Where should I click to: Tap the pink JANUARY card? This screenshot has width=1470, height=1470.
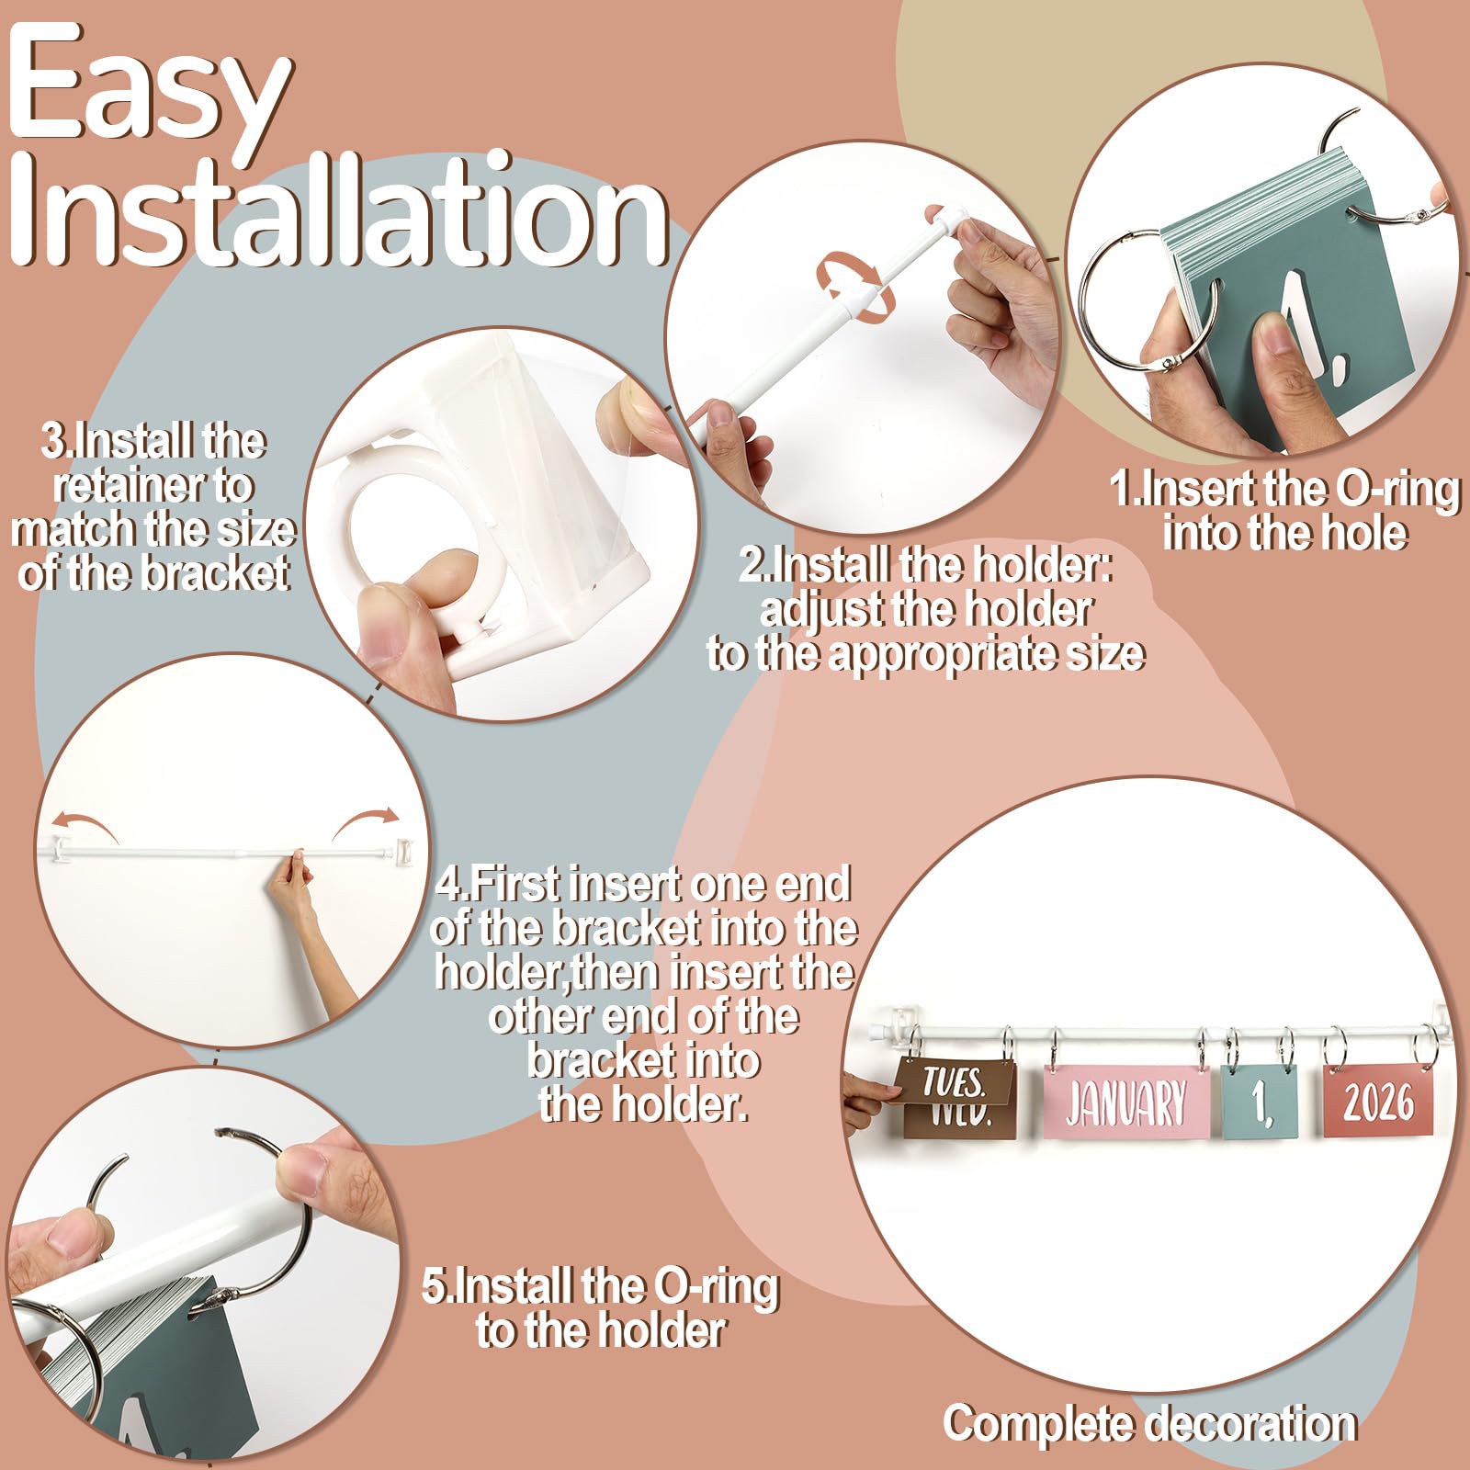click(1125, 1102)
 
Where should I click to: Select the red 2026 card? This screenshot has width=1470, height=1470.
click(1379, 1100)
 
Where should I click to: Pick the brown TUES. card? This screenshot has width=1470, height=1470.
click(955, 1084)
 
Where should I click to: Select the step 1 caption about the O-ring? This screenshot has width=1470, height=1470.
click(1284, 511)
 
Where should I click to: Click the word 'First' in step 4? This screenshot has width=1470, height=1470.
click(514, 884)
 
